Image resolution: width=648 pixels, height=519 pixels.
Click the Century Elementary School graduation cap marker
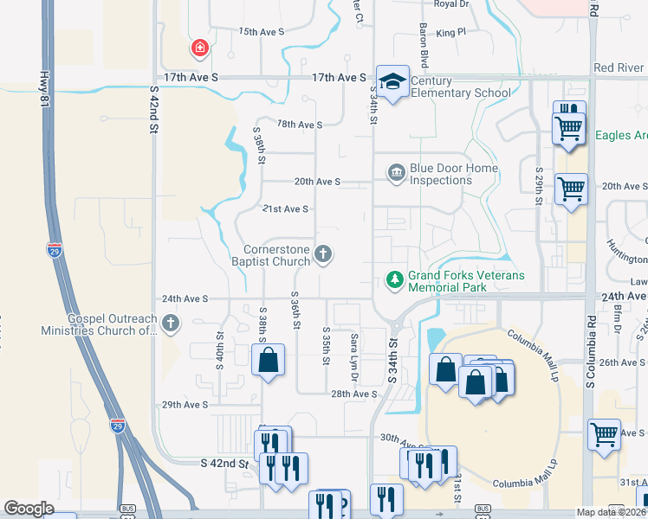pyautogui.click(x=392, y=81)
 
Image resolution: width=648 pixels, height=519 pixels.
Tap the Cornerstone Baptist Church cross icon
pyautogui.click(x=323, y=254)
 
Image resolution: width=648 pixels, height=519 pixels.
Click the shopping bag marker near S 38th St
pyautogui.click(x=268, y=359)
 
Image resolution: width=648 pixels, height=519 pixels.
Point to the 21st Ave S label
pyautogui.click(x=286, y=209)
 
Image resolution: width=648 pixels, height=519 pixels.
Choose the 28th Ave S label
pyautogui.click(x=354, y=394)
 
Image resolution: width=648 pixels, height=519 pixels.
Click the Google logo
pyautogui.click(x=29, y=509)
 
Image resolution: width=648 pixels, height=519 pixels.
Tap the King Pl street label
pyautogui.click(x=451, y=32)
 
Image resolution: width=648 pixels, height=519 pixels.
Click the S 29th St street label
pyautogui.click(x=539, y=186)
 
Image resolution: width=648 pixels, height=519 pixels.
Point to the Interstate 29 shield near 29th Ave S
pyautogui.click(x=117, y=426)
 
